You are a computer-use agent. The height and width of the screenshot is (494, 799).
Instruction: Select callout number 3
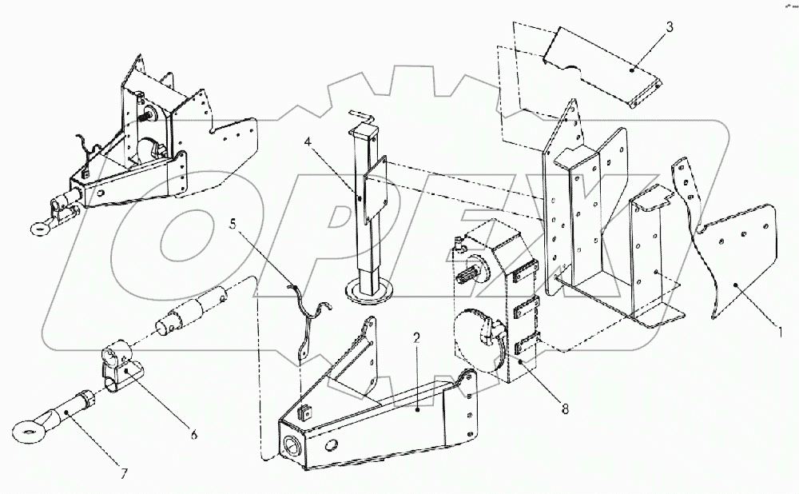point(670,26)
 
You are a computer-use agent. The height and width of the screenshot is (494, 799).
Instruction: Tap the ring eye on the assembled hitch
point(38,230)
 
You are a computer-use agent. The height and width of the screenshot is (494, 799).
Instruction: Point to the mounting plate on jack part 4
point(373,194)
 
